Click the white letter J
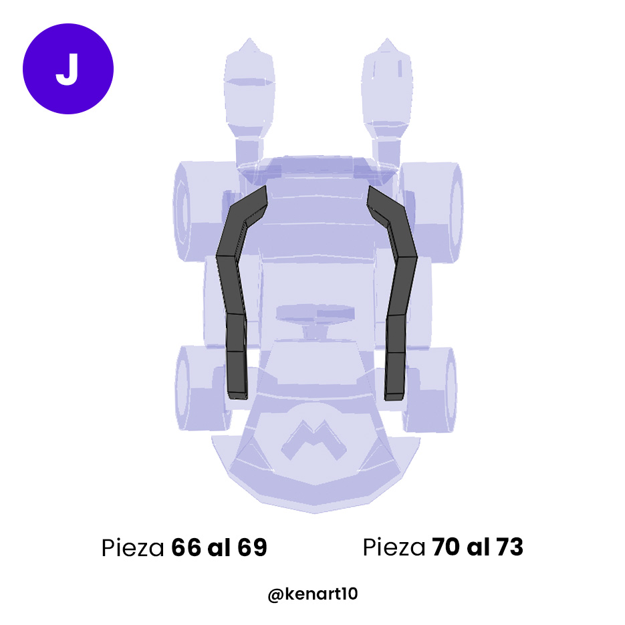point(68,69)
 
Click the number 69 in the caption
point(252,548)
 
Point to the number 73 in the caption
point(509,547)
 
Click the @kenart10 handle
point(313,594)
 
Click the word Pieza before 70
point(394,548)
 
